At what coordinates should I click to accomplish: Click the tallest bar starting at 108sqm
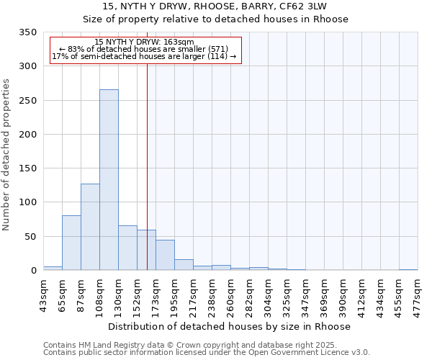tap(109, 180)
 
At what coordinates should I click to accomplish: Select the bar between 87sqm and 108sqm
tap(90, 227)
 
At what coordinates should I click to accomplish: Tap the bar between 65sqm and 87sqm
tap(71, 243)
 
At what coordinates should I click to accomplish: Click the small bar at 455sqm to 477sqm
tap(408, 269)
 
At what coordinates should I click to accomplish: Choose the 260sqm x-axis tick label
tap(230, 295)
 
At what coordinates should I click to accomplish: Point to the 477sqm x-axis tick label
tap(418, 295)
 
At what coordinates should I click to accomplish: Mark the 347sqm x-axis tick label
tap(305, 295)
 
